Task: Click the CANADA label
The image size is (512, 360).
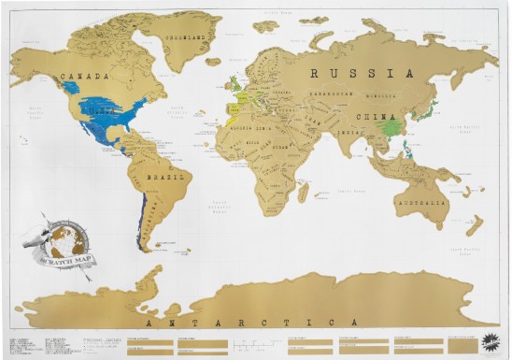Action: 81,75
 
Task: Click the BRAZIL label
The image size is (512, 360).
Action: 164,177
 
